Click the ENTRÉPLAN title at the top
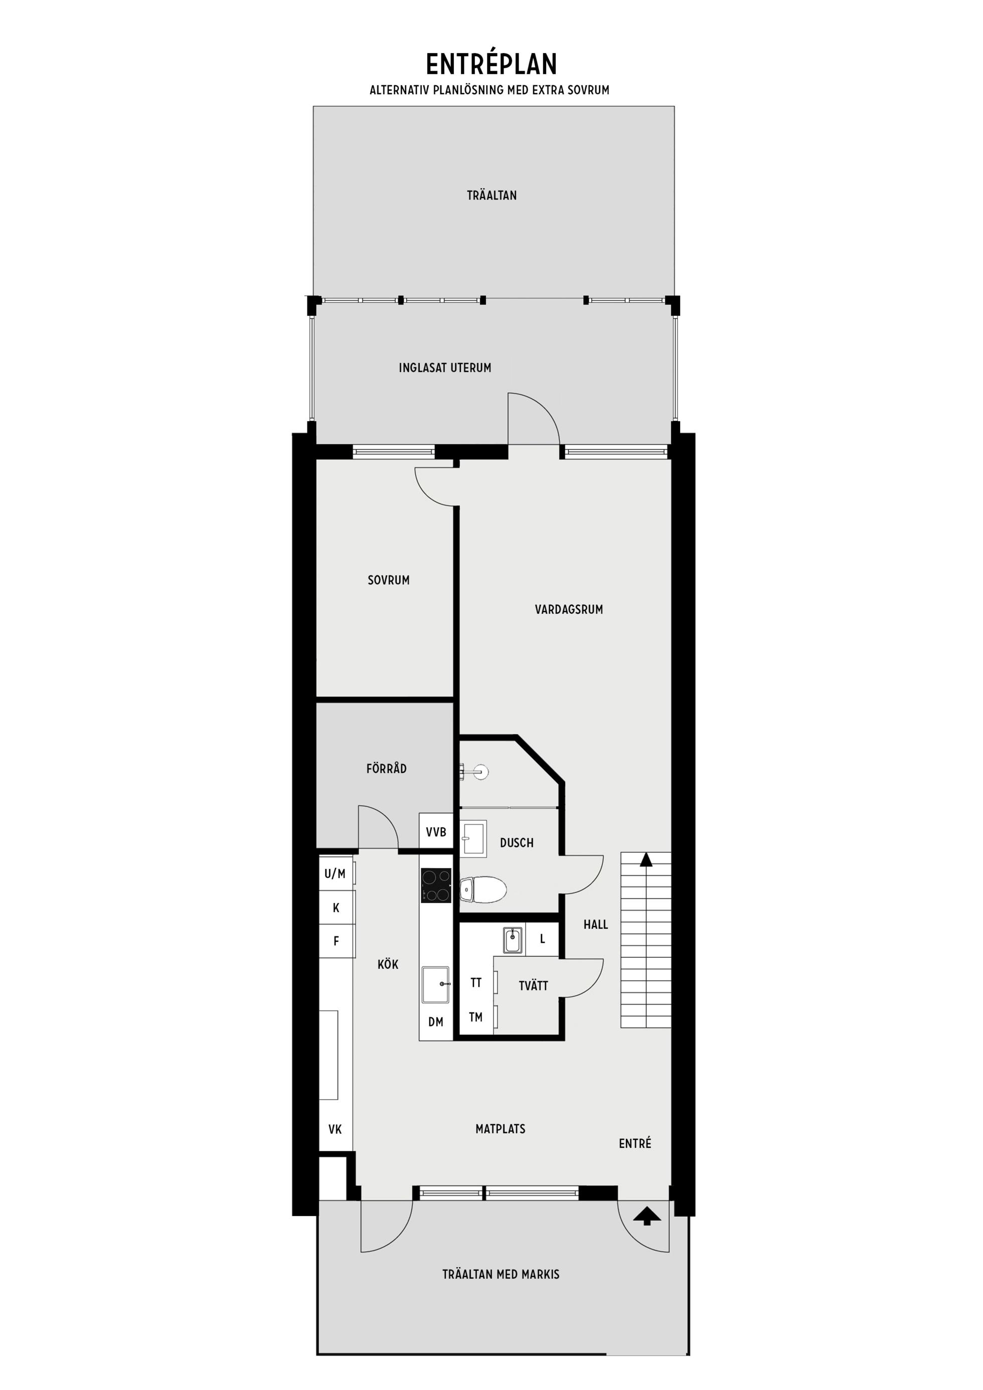[491, 64]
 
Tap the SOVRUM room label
[388, 580]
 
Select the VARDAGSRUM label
[569, 610]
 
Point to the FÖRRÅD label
[386, 768]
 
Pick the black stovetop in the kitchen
[437, 886]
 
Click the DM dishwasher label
[435, 1022]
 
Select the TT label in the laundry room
[476, 982]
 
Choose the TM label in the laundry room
[476, 1017]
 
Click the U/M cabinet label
[335, 874]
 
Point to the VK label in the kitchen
[335, 1129]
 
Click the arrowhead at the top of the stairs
[646, 859]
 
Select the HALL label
[595, 925]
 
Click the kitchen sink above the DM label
[435, 984]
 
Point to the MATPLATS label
[501, 1128]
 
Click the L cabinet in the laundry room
[542, 939]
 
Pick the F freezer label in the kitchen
[336, 941]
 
